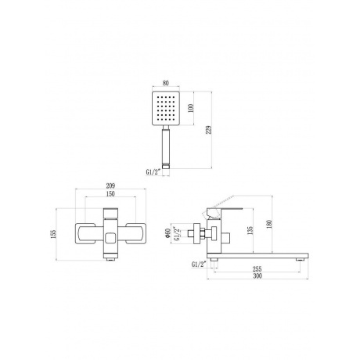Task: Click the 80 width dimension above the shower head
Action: (166, 83)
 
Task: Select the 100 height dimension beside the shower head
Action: (191, 108)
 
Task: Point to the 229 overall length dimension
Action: (209, 130)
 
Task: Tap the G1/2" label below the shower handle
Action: (153, 172)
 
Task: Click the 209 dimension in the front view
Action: (110, 185)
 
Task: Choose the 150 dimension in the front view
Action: (110, 194)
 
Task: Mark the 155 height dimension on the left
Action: (53, 234)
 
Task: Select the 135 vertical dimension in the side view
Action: (250, 230)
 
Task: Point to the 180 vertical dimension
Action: (269, 224)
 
